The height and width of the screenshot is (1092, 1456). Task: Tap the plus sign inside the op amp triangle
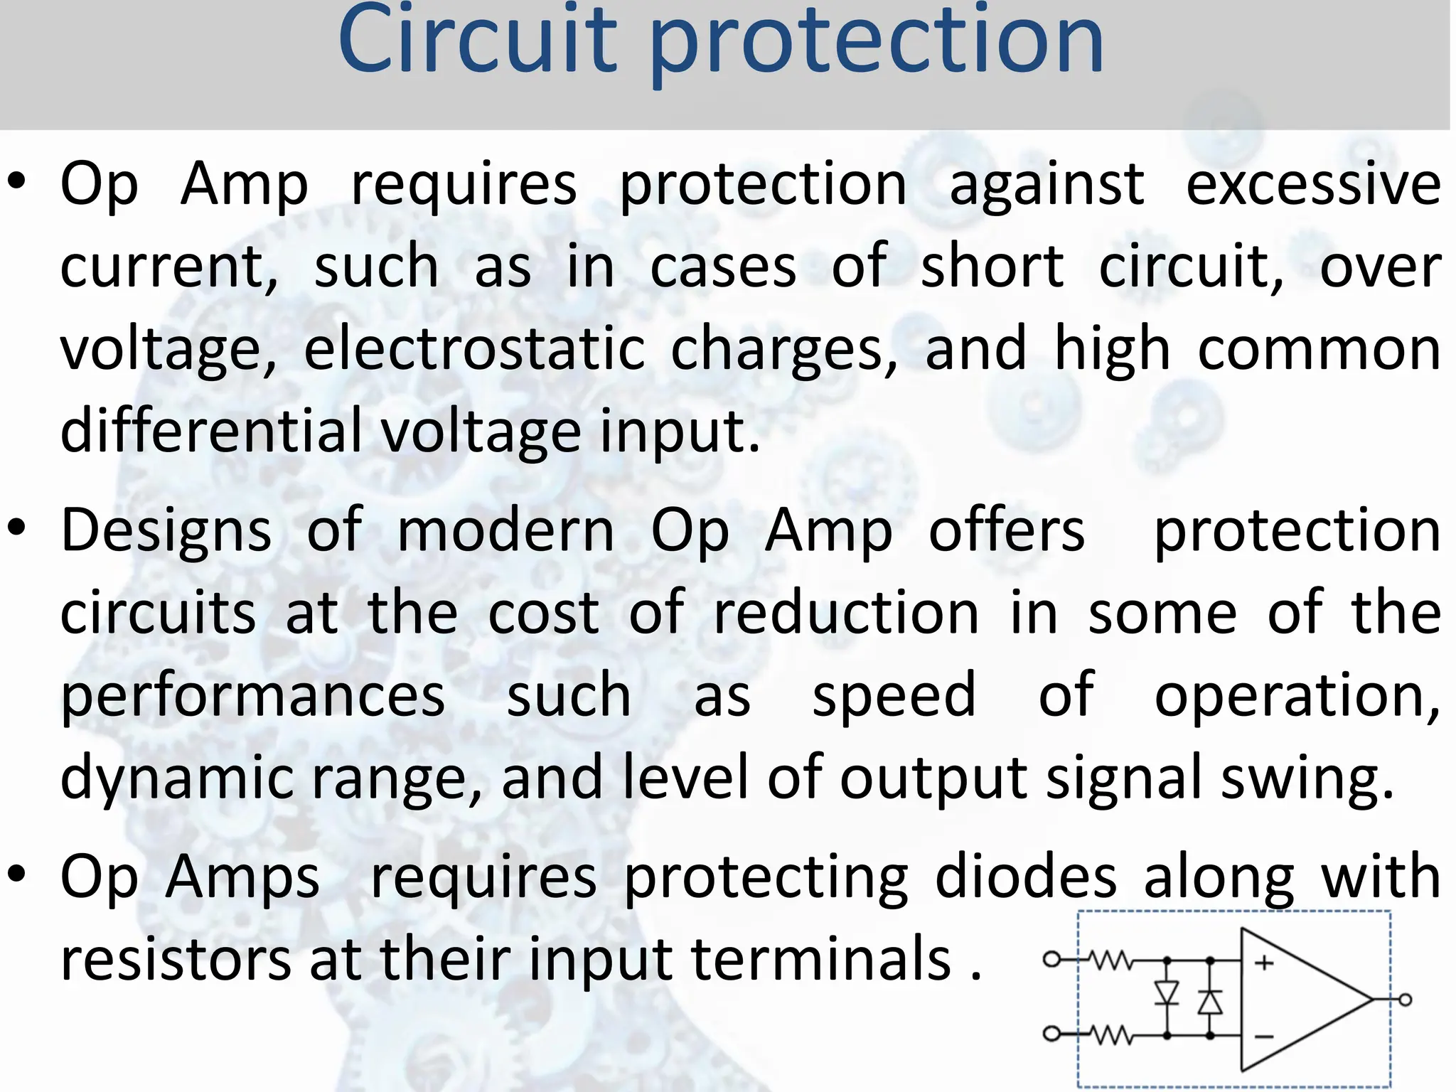click(x=1264, y=963)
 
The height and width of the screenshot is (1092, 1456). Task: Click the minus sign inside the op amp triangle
click(x=1264, y=1036)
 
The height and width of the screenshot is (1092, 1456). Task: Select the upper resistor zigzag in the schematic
click(x=1111, y=960)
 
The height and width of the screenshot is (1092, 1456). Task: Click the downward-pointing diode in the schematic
click(x=1167, y=992)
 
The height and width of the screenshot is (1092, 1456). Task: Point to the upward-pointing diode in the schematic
click(x=1210, y=1002)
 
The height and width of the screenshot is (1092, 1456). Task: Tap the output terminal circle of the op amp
click(x=1405, y=1000)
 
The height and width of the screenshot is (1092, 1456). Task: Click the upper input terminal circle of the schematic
click(x=1051, y=960)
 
